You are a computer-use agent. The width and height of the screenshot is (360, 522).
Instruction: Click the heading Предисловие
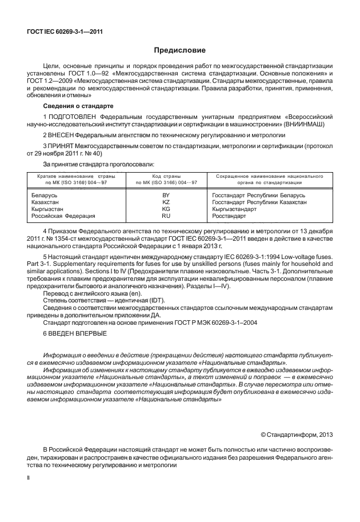(179, 50)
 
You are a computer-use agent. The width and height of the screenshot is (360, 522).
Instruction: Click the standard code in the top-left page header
(60, 31)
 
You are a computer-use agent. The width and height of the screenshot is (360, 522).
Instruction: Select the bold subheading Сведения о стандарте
(78, 106)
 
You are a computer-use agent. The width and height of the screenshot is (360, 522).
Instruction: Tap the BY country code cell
(166, 196)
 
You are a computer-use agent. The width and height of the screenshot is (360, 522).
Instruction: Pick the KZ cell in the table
(166, 202)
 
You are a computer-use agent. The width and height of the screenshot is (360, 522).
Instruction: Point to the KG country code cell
(166, 209)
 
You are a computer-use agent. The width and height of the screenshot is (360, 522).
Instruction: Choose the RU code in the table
(166, 216)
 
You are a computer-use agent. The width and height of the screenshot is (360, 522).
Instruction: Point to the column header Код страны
(166, 177)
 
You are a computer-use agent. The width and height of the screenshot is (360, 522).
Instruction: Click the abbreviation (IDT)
(139, 301)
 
